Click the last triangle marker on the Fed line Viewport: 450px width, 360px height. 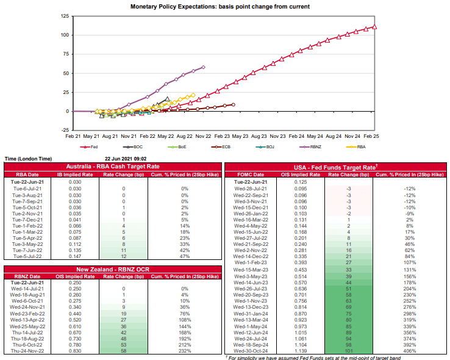point(374,26)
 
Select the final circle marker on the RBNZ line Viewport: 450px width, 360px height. point(203,67)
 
